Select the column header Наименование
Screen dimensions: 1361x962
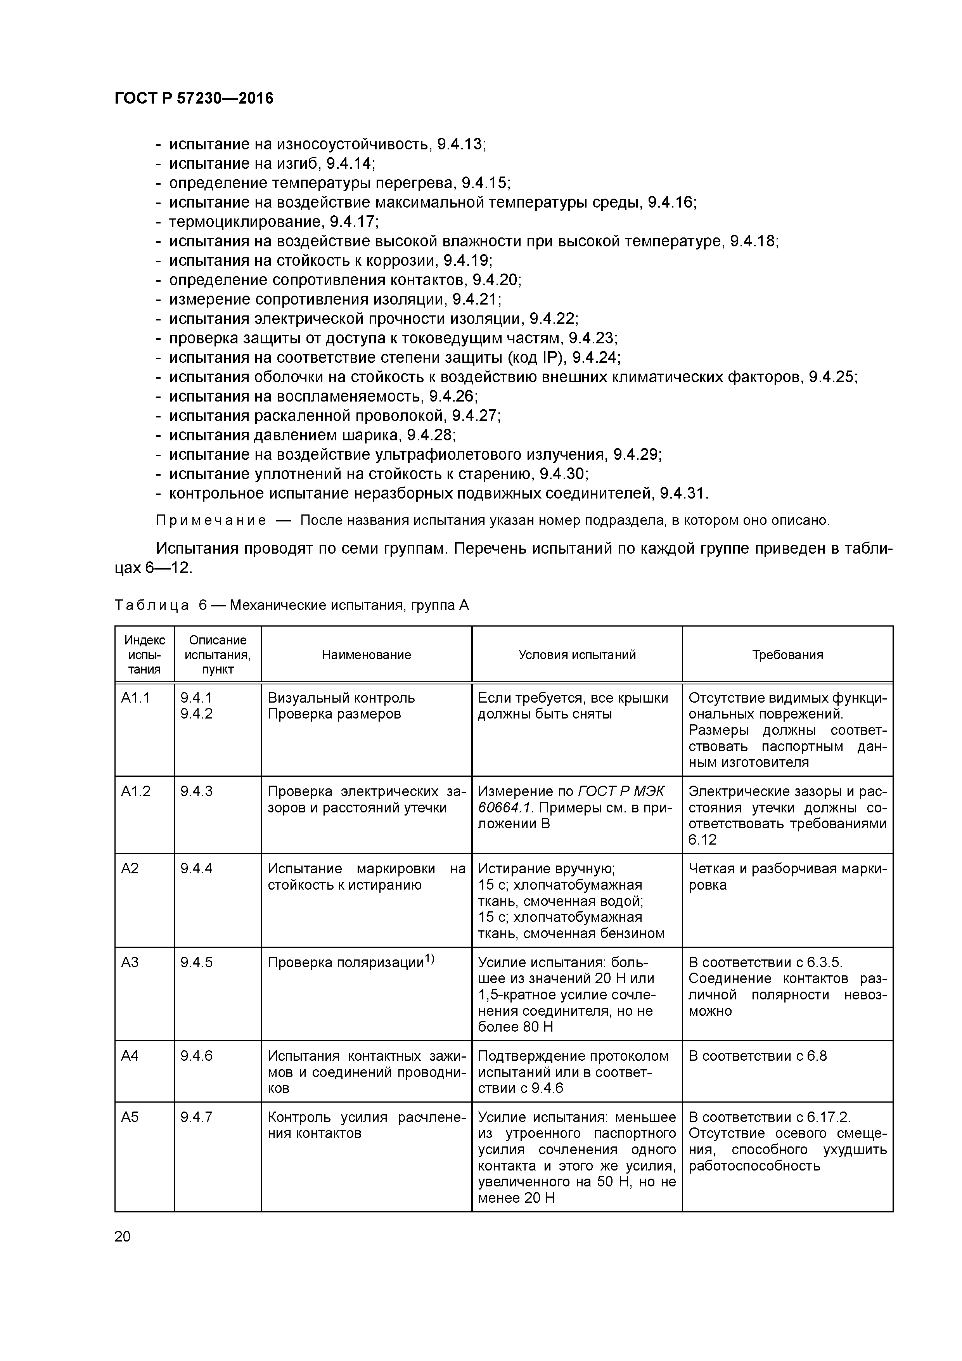pyautogui.click(x=366, y=655)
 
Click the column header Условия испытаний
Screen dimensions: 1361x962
pyautogui.click(x=577, y=655)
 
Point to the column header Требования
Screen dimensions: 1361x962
pyautogui.click(x=787, y=655)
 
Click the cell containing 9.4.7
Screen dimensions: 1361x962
pyautogui.click(x=196, y=1117)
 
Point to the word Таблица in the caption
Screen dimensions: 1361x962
pyautogui.click(x=152, y=605)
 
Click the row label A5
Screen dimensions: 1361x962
pyautogui.click(x=130, y=1117)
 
